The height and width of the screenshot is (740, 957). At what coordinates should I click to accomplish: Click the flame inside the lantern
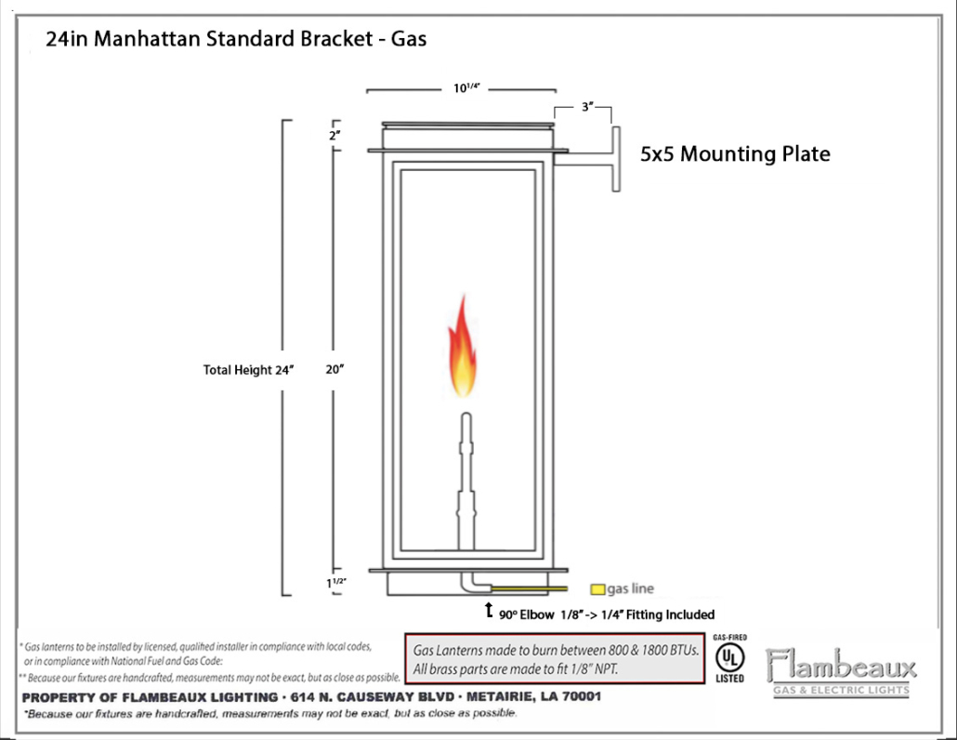point(463,347)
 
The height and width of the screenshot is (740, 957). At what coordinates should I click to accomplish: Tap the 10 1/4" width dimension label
point(466,88)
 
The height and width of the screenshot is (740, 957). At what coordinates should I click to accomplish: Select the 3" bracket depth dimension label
point(587,107)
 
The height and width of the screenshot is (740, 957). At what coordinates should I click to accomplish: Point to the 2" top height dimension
point(334,135)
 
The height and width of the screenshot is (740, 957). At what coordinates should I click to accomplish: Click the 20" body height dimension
point(334,369)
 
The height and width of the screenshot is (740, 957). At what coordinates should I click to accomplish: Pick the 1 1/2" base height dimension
point(335,583)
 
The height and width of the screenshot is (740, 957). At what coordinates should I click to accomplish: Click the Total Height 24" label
point(248,370)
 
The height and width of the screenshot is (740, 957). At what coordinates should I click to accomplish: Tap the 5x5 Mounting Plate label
point(735,154)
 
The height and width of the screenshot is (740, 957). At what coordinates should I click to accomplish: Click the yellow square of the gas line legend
point(597,589)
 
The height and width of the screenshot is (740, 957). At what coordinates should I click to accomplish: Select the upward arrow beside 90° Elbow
point(489,609)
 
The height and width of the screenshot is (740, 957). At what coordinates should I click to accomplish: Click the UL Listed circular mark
point(730,658)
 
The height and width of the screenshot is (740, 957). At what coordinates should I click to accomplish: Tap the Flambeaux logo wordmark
point(841,665)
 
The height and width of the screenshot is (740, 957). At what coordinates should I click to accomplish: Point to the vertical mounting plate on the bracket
point(616,159)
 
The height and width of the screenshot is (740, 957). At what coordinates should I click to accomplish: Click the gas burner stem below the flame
point(465,482)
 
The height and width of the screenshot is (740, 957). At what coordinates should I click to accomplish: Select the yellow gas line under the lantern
point(530,588)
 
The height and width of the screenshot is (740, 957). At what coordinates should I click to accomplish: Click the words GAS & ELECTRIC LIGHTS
point(841,690)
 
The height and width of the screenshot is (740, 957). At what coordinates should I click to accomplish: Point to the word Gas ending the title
point(408,38)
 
